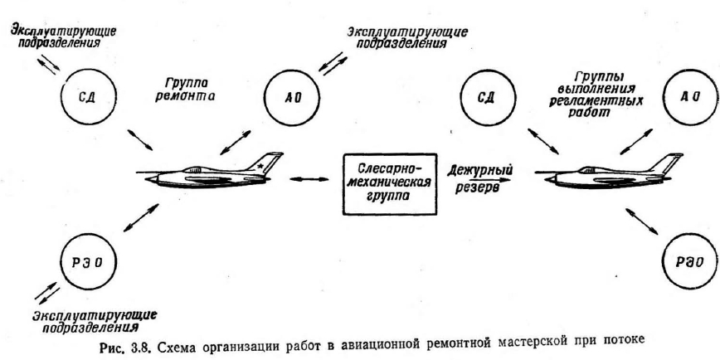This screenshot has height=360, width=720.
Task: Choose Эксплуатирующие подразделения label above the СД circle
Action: (x=61, y=35)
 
